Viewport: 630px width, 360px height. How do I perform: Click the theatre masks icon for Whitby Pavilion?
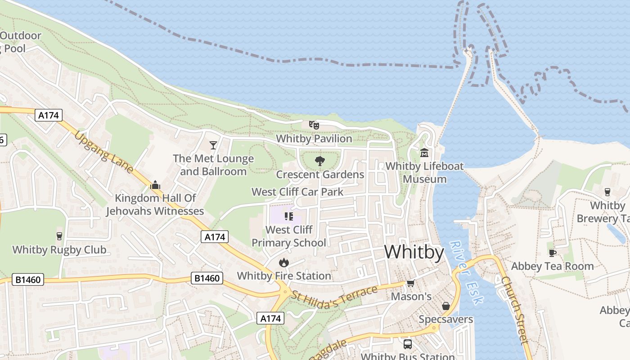click(x=314, y=125)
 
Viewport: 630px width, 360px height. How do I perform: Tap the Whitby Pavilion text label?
click(x=314, y=139)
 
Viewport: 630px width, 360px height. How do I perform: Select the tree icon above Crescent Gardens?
click(x=320, y=161)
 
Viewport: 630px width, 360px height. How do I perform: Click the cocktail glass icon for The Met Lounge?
click(x=213, y=145)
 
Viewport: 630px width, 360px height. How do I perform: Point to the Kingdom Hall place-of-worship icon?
click(x=155, y=184)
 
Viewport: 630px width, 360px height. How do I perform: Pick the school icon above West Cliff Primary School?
click(x=288, y=216)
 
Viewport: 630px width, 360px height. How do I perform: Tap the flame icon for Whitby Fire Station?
click(x=283, y=262)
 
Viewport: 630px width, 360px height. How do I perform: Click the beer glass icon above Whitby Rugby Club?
click(x=59, y=236)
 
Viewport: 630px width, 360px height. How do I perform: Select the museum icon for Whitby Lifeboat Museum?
click(x=424, y=153)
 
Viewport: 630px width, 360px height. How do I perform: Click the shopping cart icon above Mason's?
click(x=410, y=283)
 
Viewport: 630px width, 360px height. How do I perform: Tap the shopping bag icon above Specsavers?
click(x=445, y=306)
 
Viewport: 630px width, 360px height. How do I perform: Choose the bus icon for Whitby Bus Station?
click(x=408, y=344)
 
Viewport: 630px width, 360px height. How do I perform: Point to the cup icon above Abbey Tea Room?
click(x=552, y=253)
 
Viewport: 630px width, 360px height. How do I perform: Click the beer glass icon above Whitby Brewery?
click(x=607, y=192)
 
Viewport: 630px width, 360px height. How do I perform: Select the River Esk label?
click(x=466, y=273)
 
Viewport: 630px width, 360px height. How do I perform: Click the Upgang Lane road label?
click(x=104, y=152)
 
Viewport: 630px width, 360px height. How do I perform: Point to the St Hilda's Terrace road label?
click(x=334, y=297)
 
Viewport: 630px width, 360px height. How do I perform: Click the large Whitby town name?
click(x=414, y=252)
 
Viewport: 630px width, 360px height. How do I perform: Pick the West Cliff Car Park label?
click(x=297, y=192)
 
